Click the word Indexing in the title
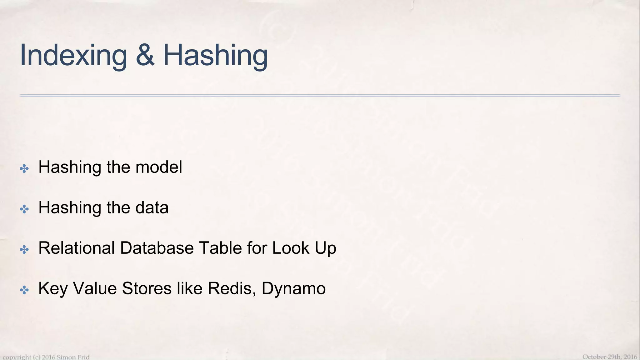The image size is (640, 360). point(73,56)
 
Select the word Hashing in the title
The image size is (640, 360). point(215,56)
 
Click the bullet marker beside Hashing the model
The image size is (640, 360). point(24,169)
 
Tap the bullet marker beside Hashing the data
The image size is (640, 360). point(24,209)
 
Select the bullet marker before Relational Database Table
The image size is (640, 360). point(24,249)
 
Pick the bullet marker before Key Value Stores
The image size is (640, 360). point(24,290)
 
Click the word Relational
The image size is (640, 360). point(77,248)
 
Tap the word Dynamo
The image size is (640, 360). point(293,289)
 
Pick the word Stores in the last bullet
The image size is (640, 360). point(147,288)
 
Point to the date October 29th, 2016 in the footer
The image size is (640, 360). point(609,357)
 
